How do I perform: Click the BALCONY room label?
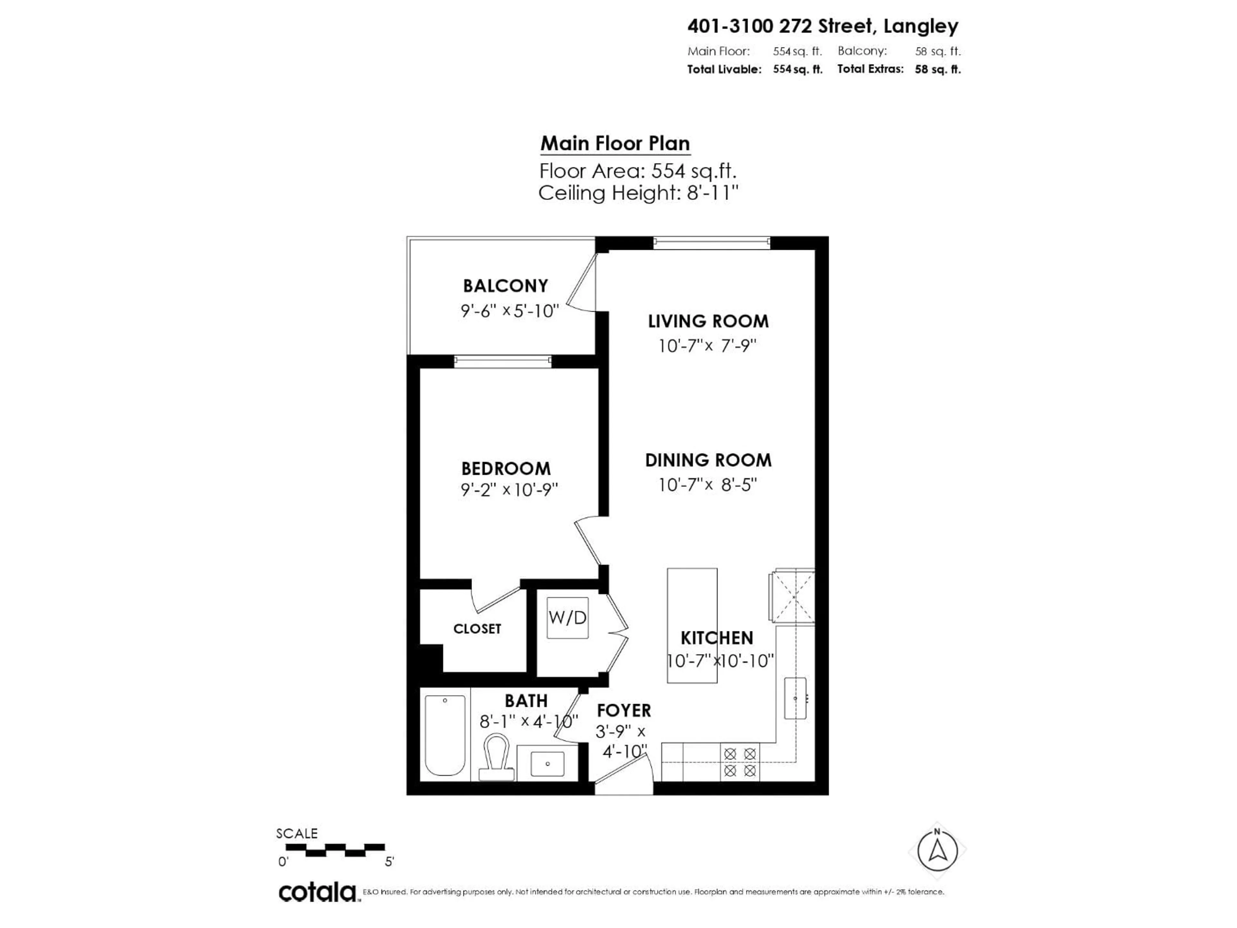[505, 286]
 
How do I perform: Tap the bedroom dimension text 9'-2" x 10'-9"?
[509, 490]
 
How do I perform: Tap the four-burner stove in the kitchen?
[740, 762]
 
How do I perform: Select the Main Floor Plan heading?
[615, 144]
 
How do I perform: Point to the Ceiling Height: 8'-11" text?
[638, 193]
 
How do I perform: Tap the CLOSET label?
[477, 629]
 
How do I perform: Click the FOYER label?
[624, 710]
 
